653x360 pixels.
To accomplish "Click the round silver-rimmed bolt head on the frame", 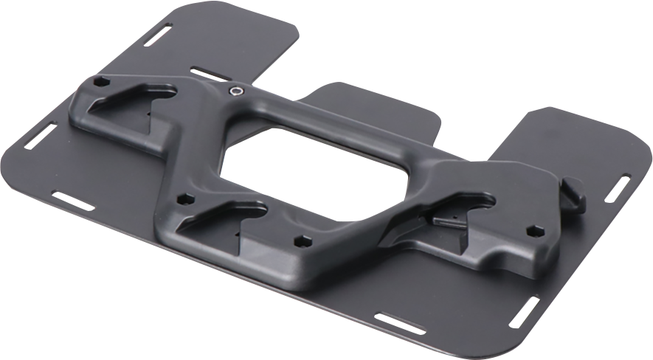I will pyautogui.click(x=235, y=91).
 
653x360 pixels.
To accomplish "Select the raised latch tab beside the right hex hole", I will pyautogui.click(x=574, y=195).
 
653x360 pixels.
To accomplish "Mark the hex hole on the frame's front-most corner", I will pyautogui.click(x=300, y=241).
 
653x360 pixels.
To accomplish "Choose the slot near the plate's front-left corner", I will pyautogui.click(x=72, y=200).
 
